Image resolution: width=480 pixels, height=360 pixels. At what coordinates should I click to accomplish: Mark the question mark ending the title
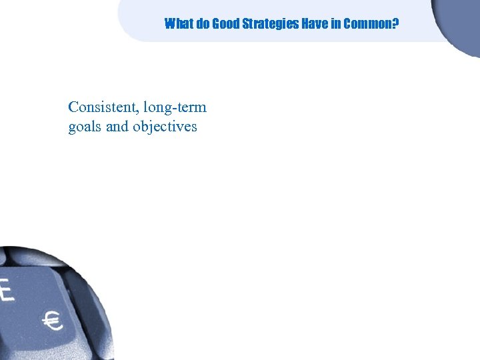[396, 25]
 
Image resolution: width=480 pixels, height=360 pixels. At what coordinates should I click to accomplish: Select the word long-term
[175, 108]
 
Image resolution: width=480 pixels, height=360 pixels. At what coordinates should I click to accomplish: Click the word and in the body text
[117, 126]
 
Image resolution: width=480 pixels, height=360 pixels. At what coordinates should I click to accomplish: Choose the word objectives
[165, 127]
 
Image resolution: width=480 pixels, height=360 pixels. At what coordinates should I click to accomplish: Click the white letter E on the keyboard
[7, 291]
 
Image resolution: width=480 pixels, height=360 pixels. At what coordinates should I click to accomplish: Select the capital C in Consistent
[73, 107]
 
